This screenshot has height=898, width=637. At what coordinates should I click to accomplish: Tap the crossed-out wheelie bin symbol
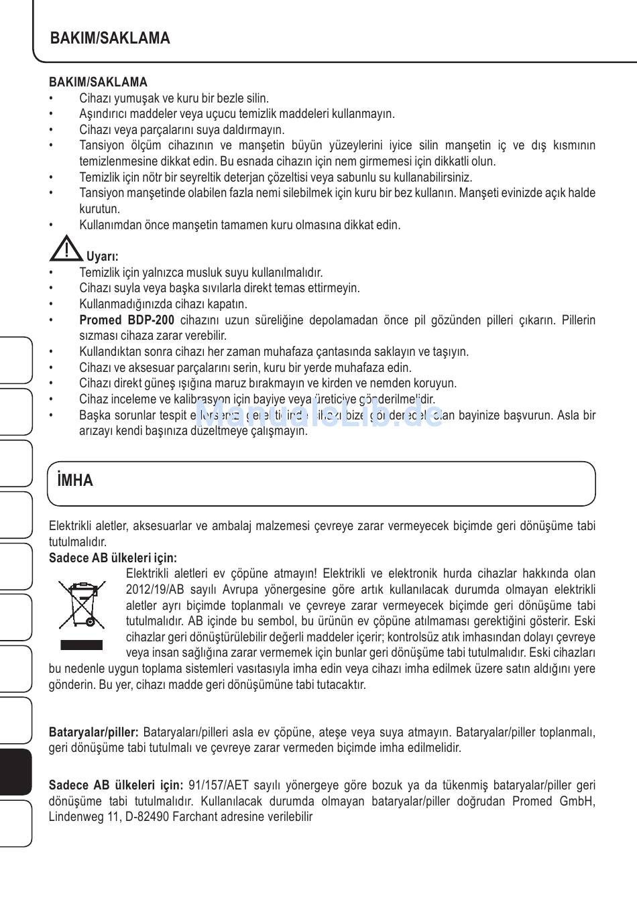(81, 604)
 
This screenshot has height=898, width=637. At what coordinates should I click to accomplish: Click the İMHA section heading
(75, 480)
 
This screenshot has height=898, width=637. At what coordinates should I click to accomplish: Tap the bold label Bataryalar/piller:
(93, 732)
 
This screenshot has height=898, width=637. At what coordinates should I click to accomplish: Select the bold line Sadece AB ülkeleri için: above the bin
(113, 558)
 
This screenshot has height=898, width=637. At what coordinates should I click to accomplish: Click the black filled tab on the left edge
(15, 772)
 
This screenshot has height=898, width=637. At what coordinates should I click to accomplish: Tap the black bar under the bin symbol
(81, 645)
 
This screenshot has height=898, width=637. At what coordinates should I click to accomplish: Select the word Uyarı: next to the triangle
(103, 257)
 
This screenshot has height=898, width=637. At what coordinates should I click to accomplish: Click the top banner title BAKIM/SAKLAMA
(110, 38)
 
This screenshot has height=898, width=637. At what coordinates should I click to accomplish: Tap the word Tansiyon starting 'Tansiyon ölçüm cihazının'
(102, 145)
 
